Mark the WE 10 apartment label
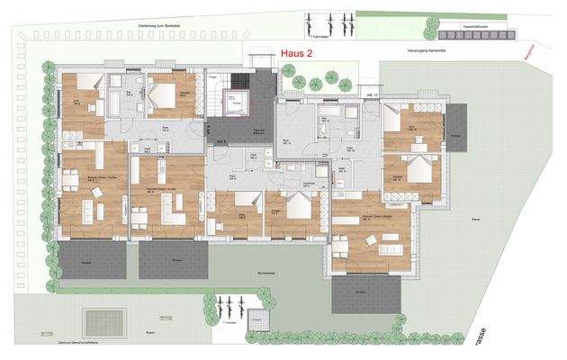370,94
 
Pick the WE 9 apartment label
220,141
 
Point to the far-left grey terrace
93,261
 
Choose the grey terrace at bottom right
365,294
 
